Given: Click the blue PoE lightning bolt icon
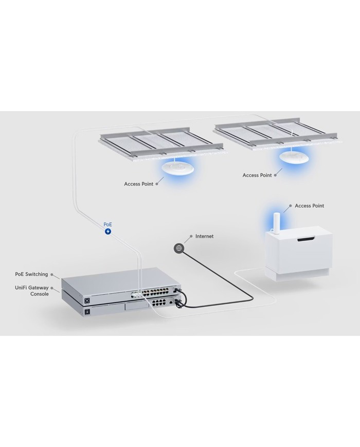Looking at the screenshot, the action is pyautogui.click(x=108, y=231).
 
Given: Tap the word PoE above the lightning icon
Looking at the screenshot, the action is pyautogui.click(x=108, y=225).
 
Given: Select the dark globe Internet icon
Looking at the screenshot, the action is pyautogui.click(x=179, y=248).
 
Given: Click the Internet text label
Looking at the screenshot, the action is pyautogui.click(x=204, y=236).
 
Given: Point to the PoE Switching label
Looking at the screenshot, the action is pyautogui.click(x=31, y=274).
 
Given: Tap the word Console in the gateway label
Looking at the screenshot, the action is pyautogui.click(x=40, y=294).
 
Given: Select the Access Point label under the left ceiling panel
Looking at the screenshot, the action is pyautogui.click(x=138, y=184).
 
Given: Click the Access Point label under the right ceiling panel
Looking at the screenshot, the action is pyautogui.click(x=257, y=175).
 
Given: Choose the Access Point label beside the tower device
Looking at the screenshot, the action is pyautogui.click(x=309, y=206).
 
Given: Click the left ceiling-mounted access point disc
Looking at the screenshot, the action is pyautogui.click(x=178, y=168).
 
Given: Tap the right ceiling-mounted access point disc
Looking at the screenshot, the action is pyautogui.click(x=294, y=157).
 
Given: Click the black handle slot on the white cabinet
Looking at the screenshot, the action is pyautogui.click(x=307, y=239).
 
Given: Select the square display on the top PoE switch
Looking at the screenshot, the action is pyautogui.click(x=87, y=300).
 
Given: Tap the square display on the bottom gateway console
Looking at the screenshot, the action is pyautogui.click(x=87, y=312).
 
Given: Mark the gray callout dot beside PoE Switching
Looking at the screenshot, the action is pyautogui.click(x=51, y=275).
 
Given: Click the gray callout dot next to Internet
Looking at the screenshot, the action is pyautogui.click(x=191, y=236).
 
